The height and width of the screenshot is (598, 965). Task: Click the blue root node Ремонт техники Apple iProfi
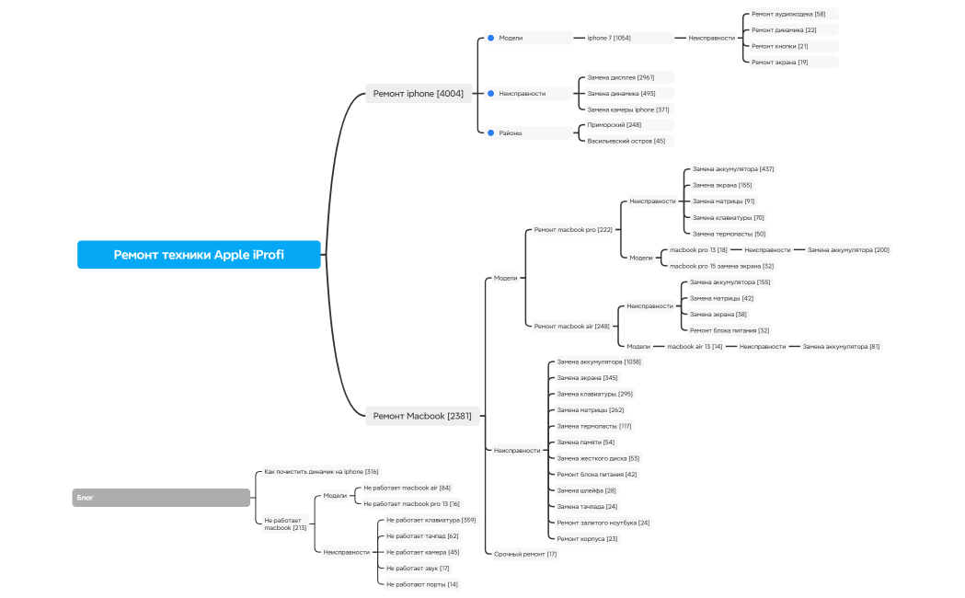[x=199, y=255]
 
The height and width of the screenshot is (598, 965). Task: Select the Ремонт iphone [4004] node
[x=419, y=93]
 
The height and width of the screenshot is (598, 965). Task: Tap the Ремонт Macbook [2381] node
[x=422, y=416]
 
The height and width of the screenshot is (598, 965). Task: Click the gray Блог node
[x=161, y=498]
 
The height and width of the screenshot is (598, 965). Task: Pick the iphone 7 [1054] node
[x=609, y=38]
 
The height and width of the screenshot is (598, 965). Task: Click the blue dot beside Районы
[x=490, y=132]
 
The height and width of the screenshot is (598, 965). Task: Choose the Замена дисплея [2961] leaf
[x=621, y=77]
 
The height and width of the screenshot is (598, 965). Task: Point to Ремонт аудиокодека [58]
[x=788, y=14]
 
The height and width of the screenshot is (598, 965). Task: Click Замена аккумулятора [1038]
[x=599, y=362]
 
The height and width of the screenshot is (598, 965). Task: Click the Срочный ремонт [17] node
[x=525, y=554]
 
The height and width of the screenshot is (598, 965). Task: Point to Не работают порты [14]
[x=421, y=584]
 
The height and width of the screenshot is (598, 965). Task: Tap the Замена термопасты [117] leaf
[x=593, y=426]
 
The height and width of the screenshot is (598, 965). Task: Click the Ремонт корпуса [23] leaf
[x=587, y=538]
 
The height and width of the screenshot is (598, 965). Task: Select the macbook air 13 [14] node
[x=695, y=346]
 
